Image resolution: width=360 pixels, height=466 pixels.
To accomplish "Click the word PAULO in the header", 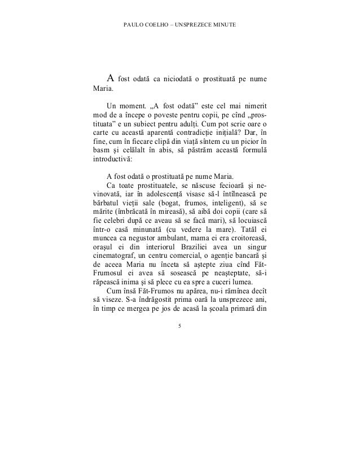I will click(131, 27).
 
